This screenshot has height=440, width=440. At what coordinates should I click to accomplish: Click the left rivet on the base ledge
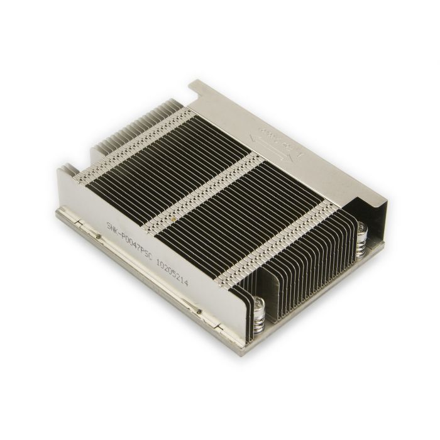click(99, 237)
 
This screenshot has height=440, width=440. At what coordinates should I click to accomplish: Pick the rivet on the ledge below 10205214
click(198, 311)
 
